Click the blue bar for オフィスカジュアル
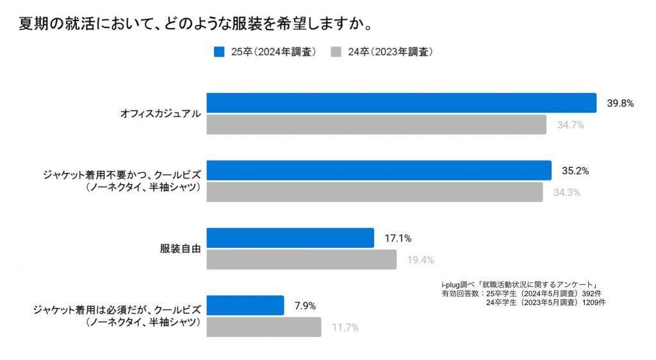pos(401,103)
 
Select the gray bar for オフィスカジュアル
pos(376,125)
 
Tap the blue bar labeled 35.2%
pos(379,170)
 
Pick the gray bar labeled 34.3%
pos(374,192)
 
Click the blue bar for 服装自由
pos(290,238)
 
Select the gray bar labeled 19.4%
pos(301,259)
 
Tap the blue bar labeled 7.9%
pos(245,306)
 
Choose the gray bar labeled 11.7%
pos(263,327)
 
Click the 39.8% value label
pos(620,103)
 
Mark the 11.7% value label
pos(345,327)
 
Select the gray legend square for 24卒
pos(335,52)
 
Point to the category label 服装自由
pos(180,249)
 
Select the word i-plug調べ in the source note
pos(459,284)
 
